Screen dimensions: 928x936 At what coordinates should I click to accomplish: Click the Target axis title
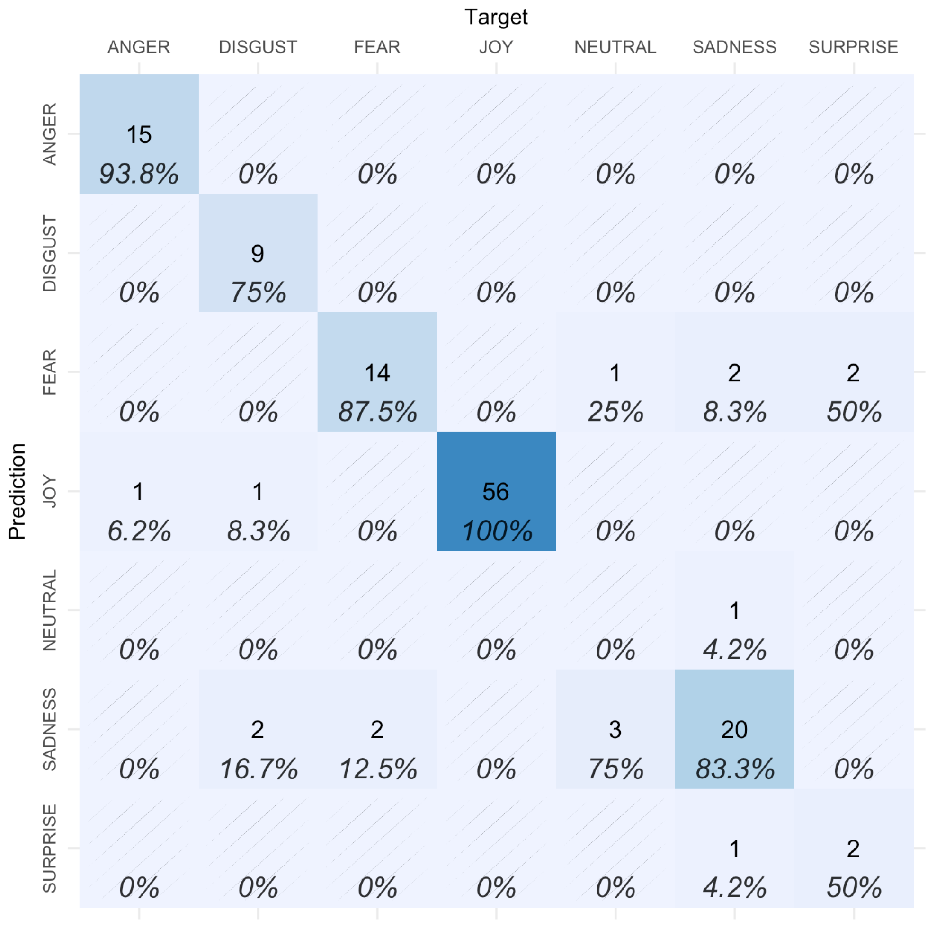(496, 17)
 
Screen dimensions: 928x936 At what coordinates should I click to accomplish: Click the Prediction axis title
(18, 491)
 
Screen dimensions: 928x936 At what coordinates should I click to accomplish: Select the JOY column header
(496, 47)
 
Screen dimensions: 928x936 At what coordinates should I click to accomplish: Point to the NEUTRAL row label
(50, 610)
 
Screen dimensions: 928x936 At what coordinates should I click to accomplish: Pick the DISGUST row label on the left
(50, 253)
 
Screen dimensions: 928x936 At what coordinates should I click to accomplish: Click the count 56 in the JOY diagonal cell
(496, 492)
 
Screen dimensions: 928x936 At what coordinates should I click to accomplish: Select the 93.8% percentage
(139, 173)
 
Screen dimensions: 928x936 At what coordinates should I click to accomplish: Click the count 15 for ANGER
(139, 134)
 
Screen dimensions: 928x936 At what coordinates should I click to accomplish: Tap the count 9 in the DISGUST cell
(257, 253)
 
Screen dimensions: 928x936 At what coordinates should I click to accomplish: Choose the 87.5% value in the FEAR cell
(377, 412)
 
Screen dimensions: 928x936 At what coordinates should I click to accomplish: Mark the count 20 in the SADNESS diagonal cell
(734, 729)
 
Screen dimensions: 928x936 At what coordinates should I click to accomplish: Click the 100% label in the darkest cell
(497, 531)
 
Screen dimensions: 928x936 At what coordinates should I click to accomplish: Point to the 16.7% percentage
(258, 769)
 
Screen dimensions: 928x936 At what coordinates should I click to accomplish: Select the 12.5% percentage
(377, 769)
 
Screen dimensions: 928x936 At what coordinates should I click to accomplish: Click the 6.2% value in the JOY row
(139, 531)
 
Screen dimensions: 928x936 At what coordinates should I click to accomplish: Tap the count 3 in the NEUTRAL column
(615, 729)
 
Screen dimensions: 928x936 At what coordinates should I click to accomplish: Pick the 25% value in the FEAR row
(615, 412)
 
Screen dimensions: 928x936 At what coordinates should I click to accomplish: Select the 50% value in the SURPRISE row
(853, 887)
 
